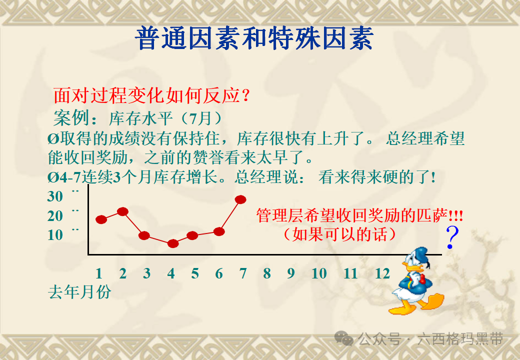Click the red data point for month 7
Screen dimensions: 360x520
tap(240, 199)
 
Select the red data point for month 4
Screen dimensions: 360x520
tap(173, 243)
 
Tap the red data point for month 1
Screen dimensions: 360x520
tap(101, 219)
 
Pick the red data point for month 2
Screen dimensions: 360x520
tap(122, 211)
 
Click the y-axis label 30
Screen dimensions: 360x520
tap(55, 196)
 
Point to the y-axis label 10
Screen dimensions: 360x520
tap(55, 235)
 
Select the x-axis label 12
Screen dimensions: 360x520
tap(382, 273)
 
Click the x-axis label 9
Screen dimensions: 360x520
tap(290, 273)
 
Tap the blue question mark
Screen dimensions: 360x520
tap(451, 238)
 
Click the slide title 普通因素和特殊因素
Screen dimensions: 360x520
tap(254, 38)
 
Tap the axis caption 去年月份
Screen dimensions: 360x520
tap(79, 291)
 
